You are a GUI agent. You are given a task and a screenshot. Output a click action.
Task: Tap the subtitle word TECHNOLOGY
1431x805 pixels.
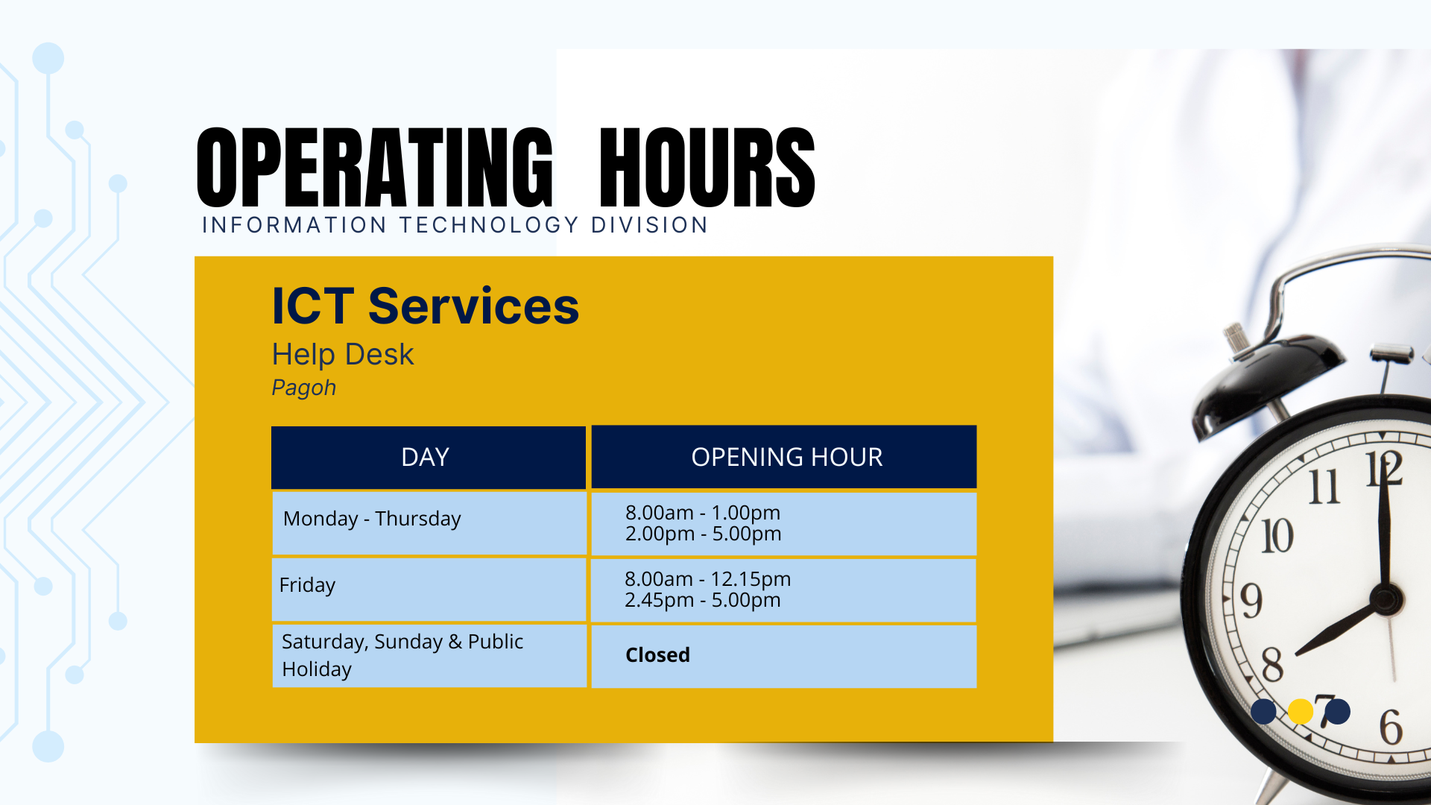coord(489,225)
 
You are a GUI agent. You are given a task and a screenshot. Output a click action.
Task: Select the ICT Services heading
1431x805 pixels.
coord(426,306)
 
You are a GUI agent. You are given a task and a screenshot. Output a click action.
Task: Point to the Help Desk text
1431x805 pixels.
coord(343,354)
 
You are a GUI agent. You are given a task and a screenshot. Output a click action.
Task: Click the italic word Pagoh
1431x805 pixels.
coord(304,388)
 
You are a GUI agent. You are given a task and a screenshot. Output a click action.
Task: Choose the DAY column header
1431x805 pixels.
coord(425,457)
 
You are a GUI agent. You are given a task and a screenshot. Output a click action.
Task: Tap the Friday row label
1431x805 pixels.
coord(307,585)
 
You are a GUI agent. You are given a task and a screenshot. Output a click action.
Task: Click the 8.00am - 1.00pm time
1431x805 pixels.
coord(703,513)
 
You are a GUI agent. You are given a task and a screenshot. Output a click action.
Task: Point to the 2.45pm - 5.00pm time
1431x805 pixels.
coord(703,600)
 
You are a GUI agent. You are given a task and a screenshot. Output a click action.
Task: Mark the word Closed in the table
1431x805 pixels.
coord(657,655)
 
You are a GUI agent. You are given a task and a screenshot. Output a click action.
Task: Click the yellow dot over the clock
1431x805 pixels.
coord(1301,711)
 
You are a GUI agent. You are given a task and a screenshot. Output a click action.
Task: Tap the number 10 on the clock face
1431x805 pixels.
coord(1277,536)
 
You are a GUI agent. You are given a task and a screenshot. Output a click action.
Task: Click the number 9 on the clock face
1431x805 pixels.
coord(1251,601)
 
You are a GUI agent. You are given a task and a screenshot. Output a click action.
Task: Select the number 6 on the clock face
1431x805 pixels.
coord(1391,727)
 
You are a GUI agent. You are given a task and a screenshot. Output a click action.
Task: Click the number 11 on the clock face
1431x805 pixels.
coord(1324,487)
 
